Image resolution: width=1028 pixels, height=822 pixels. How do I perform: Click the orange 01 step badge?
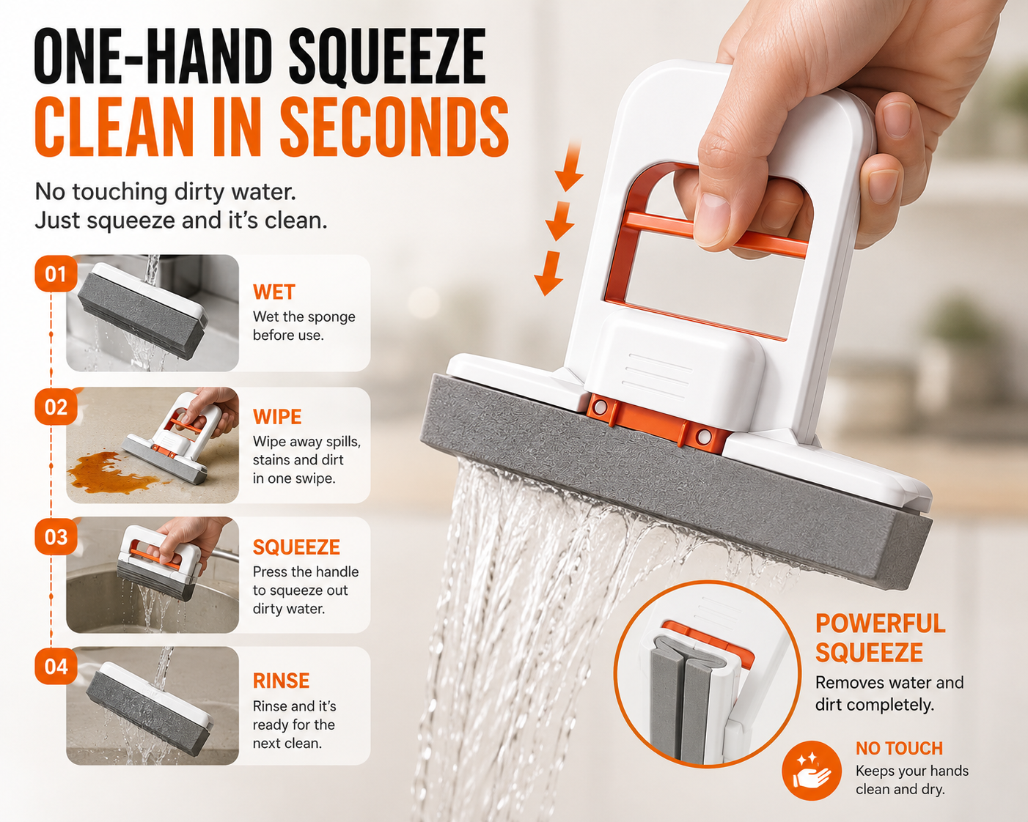click(56, 273)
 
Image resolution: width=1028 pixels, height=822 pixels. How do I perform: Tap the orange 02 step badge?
click(56, 407)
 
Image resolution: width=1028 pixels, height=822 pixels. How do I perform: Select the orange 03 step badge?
click(56, 537)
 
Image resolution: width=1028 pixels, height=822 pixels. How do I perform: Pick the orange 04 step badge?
click(56, 667)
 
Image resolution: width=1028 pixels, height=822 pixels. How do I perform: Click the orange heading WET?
click(274, 292)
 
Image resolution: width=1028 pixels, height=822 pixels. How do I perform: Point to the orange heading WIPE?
click(277, 417)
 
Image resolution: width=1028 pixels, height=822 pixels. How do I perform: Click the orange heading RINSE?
click(282, 681)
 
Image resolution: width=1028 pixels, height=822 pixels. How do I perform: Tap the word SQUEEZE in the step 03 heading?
click(296, 547)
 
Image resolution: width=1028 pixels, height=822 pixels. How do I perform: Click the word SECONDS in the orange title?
click(394, 127)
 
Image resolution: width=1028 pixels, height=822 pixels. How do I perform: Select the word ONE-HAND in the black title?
click(149, 56)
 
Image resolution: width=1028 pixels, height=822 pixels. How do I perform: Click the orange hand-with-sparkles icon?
click(811, 770)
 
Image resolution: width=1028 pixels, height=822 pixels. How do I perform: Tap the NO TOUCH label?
click(899, 748)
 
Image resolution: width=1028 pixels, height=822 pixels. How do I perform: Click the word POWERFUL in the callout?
click(880, 623)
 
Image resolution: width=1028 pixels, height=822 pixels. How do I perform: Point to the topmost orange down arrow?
click(570, 166)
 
